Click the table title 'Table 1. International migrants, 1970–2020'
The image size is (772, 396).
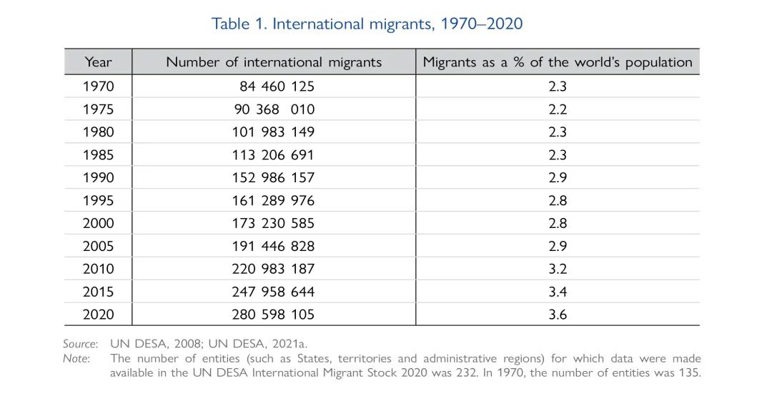367,24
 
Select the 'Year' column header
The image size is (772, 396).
98,61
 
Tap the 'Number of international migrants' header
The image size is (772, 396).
274,62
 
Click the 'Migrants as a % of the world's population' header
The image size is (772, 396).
558,62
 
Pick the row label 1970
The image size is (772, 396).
98,86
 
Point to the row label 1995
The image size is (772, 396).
98,200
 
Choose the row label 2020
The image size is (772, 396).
98,315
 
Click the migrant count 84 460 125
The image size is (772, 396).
277,86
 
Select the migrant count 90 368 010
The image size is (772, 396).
274,109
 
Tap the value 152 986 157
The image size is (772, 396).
273,177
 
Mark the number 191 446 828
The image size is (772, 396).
273,246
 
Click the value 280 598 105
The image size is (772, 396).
273,315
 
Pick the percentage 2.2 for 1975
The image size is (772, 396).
558,109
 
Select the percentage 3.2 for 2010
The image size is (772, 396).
558,269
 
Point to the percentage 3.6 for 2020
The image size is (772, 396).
558,315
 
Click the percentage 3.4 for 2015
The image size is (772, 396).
558,292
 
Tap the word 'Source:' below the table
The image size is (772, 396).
80,344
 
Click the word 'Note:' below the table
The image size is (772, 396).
76,358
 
